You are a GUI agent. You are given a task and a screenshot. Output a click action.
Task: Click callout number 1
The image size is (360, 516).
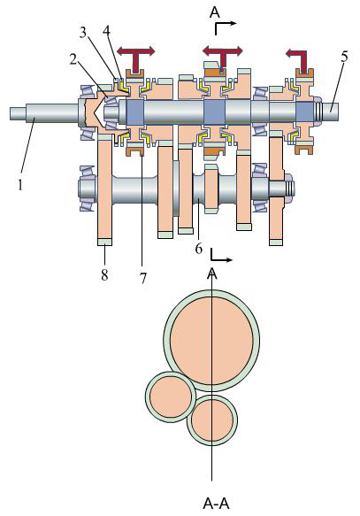click(20, 185)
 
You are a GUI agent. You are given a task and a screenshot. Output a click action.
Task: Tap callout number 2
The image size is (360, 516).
click(73, 59)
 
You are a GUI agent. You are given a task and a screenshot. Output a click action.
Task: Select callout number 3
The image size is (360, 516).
click(83, 32)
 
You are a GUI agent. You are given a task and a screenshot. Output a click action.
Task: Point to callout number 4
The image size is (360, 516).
click(106, 30)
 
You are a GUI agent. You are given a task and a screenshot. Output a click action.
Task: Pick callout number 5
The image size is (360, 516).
click(344, 57)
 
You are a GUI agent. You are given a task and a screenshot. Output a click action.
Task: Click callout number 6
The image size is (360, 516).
click(198, 249)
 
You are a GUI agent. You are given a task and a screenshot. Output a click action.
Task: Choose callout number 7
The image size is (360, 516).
click(142, 279)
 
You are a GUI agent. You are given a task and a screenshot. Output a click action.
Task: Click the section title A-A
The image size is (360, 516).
click(216, 504)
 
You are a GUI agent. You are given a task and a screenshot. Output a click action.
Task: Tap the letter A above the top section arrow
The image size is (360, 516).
click(214, 12)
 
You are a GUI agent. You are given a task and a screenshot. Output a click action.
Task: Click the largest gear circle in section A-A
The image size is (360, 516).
click(211, 340)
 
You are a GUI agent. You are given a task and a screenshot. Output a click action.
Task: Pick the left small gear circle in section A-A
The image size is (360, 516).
click(171, 397)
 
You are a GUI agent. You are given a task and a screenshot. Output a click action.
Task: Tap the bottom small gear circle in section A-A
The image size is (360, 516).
click(212, 420)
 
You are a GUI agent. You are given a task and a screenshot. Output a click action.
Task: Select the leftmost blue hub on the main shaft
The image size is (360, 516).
click(135, 112)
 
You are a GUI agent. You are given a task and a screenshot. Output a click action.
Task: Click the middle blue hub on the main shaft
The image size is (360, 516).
click(214, 112)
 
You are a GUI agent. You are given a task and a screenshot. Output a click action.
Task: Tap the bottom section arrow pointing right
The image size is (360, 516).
click(221, 256)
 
